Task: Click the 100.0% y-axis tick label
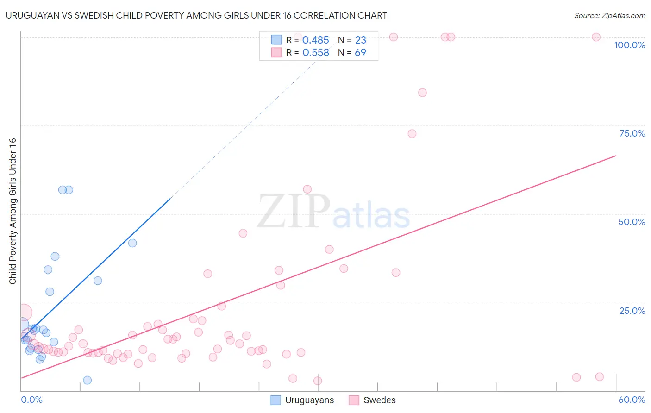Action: [x=629, y=45]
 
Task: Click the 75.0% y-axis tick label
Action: [x=632, y=133]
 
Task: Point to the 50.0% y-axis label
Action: [x=632, y=222]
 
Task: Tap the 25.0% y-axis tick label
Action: [x=632, y=311]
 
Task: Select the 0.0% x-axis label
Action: [x=31, y=400]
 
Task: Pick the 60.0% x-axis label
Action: [x=632, y=400]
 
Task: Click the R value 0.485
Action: [x=315, y=40]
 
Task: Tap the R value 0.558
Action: [x=315, y=53]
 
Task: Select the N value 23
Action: [x=360, y=40]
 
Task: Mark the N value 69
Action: [x=360, y=53]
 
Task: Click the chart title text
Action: [x=196, y=15]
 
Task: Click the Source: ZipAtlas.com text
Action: [x=609, y=16]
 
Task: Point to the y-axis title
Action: [x=13, y=211]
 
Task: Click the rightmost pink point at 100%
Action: [x=596, y=37]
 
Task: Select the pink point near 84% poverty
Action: [x=422, y=93]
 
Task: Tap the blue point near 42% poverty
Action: [x=132, y=243]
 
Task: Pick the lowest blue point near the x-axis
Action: [x=87, y=380]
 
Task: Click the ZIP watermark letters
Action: [x=294, y=212]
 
